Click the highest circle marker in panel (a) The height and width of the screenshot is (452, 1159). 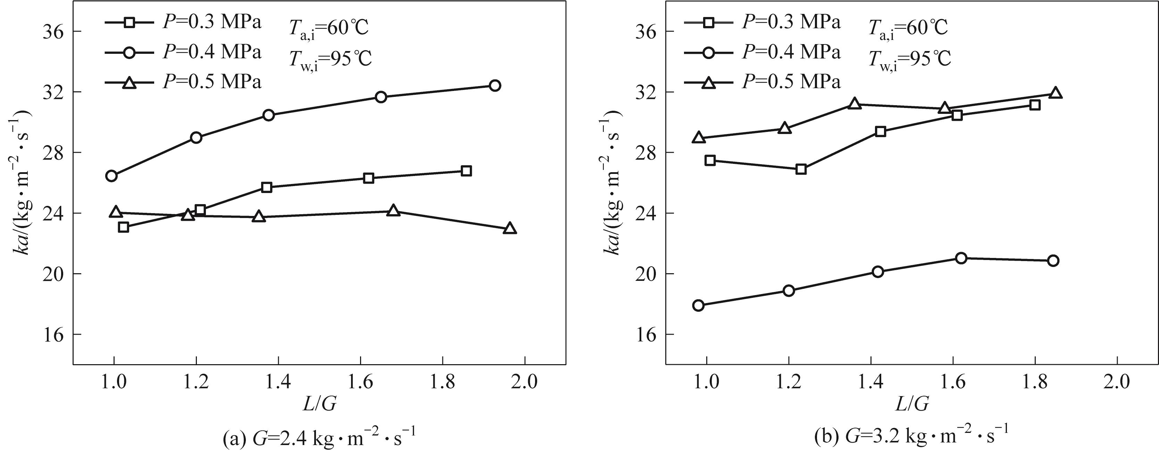(494, 85)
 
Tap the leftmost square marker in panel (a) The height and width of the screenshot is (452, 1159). (124, 227)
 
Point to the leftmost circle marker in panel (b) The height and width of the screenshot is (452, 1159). (698, 305)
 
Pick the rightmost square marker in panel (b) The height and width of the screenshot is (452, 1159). (1035, 105)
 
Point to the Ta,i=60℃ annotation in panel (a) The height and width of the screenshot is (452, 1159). (328, 29)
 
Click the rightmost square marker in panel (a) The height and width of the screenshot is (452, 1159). (467, 171)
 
